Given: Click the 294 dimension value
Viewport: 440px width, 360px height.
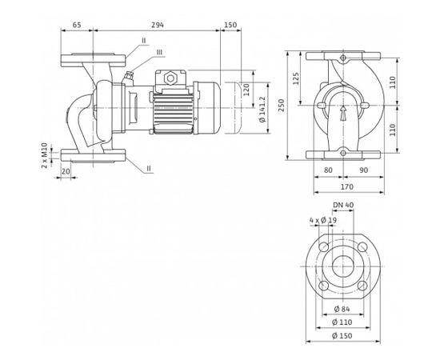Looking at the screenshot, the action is coord(158,25).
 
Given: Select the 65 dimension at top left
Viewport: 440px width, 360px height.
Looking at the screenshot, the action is coord(77,25).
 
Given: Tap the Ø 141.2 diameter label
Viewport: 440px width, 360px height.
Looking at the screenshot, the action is coord(262,109).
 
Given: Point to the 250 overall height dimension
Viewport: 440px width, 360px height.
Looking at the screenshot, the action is coord(281,106).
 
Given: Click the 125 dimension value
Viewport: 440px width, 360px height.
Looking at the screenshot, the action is coord(296,78).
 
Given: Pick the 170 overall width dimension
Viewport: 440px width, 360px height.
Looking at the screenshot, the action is coord(347,186).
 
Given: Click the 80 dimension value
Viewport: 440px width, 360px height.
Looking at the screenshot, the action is coord(328,170).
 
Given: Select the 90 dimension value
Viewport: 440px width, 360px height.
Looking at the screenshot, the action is coord(364,170).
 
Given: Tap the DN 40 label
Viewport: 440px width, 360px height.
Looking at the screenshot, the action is coord(343,205).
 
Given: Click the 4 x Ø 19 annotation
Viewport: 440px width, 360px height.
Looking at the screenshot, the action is coord(323,220).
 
